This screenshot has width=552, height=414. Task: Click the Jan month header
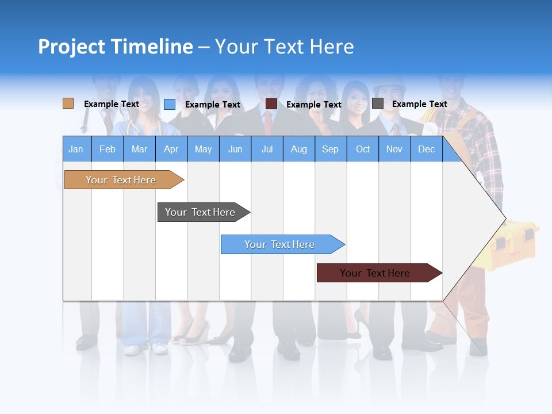[x=76, y=149]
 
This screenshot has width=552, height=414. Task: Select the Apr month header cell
[x=171, y=149]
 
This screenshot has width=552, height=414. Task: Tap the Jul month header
[x=267, y=149]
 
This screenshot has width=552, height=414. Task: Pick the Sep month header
[x=331, y=149]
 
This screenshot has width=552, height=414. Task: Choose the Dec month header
[x=426, y=149]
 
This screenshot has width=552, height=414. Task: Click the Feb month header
[x=108, y=149]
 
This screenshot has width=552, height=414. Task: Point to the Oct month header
[x=363, y=149]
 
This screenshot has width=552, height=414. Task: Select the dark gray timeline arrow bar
[x=201, y=212]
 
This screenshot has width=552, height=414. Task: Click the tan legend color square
[x=68, y=103]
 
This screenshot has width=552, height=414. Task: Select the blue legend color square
[x=170, y=104]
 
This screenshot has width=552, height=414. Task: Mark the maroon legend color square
[x=271, y=104]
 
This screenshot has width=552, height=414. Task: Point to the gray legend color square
[x=378, y=103]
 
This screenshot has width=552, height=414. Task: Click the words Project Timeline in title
[x=115, y=47]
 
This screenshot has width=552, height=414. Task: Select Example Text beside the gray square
[x=419, y=104]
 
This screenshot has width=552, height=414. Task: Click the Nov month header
[x=394, y=149]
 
